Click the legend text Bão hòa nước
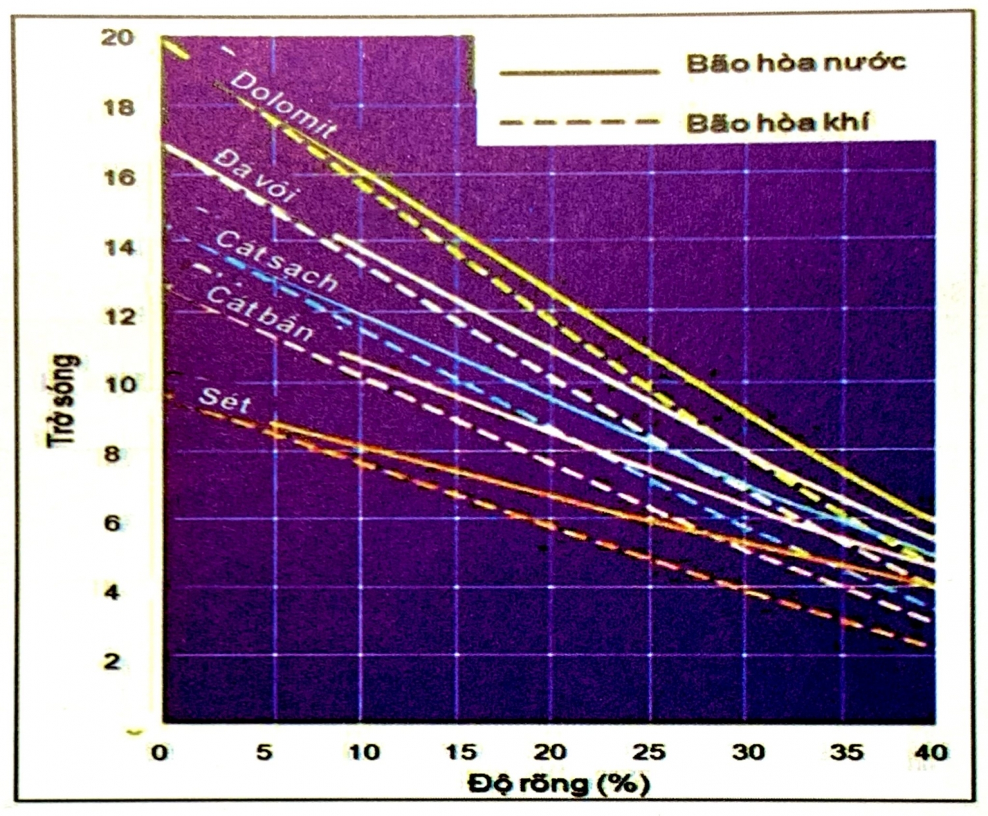[x=796, y=63]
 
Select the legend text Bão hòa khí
[x=778, y=123]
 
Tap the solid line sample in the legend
[x=579, y=72]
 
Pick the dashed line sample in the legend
[x=579, y=122]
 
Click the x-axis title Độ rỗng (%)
[x=559, y=784]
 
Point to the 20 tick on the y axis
[x=117, y=38]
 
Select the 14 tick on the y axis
[x=119, y=248]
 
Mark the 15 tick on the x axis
[x=460, y=752]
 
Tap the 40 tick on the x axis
[x=930, y=752]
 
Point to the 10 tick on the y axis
[x=119, y=384]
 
